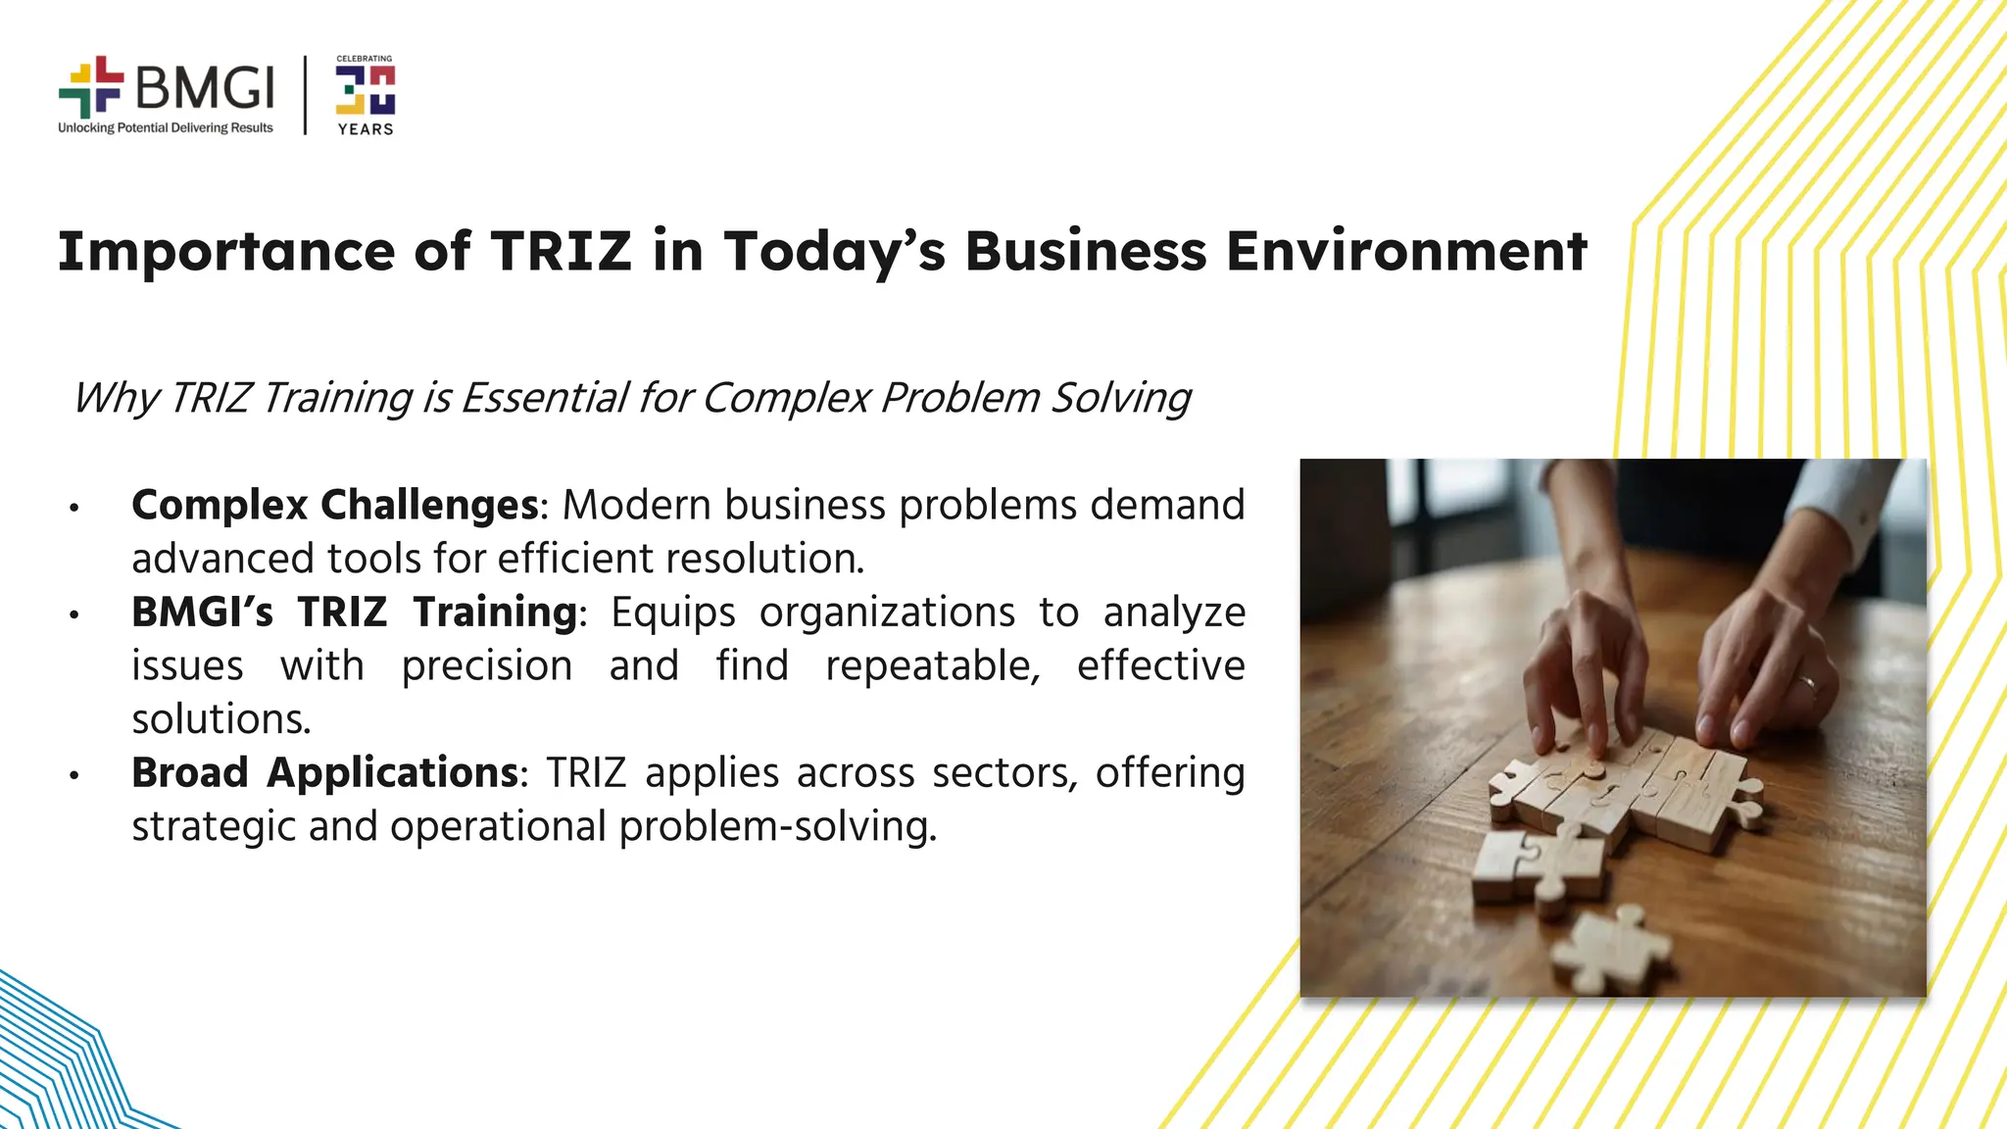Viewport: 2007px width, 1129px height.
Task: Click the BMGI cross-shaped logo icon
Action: pyautogui.click(x=91, y=87)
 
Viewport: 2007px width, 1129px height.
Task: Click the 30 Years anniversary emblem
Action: pyautogui.click(x=366, y=94)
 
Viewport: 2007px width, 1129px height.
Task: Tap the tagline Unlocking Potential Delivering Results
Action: pyautogui.click(x=166, y=128)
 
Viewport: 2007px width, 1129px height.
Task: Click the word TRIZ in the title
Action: pyautogui.click(x=561, y=251)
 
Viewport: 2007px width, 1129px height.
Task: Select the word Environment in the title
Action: pyautogui.click(x=1406, y=251)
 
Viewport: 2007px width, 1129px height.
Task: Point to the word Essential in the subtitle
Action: pyautogui.click(x=545, y=398)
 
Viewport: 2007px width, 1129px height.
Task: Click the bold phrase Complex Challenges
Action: pyautogui.click(x=335, y=506)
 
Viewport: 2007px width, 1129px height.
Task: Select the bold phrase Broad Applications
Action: pyautogui.click(x=324, y=773)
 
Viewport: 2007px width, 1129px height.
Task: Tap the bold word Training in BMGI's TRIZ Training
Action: pyautogui.click(x=495, y=613)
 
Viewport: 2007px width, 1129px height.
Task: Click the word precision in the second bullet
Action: pyautogui.click(x=487, y=666)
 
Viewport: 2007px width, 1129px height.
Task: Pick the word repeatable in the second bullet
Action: pyautogui.click(x=932, y=666)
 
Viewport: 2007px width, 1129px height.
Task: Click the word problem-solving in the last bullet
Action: pyautogui.click(x=777, y=827)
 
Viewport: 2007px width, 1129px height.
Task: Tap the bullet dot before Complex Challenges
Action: pyautogui.click(x=73, y=508)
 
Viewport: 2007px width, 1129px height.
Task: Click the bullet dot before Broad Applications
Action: pyautogui.click(x=73, y=775)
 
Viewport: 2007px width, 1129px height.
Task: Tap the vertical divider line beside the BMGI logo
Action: pyautogui.click(x=306, y=95)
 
